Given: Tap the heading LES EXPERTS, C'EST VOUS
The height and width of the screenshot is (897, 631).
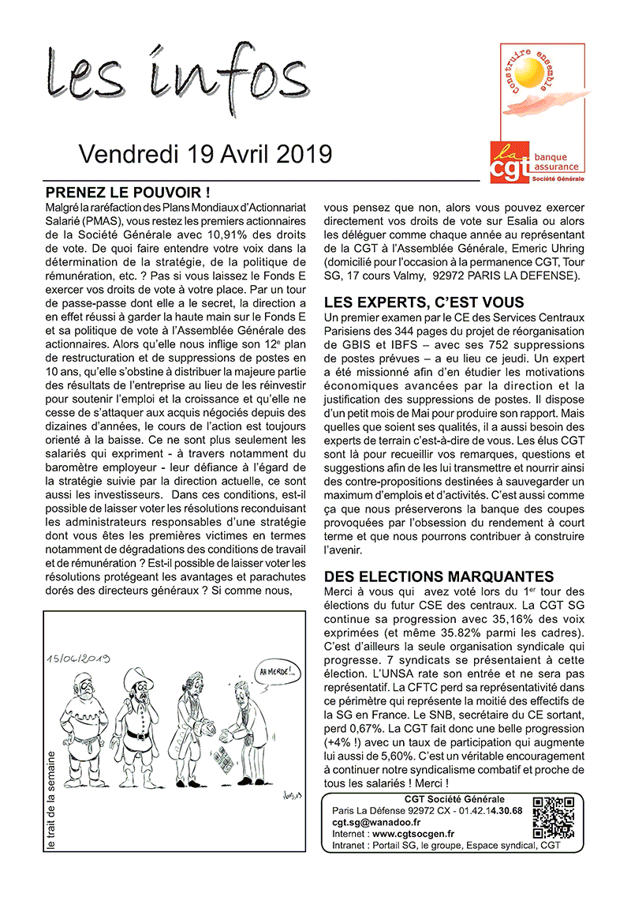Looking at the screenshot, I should (x=424, y=302).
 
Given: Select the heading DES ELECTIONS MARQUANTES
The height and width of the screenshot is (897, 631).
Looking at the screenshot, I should (x=439, y=577).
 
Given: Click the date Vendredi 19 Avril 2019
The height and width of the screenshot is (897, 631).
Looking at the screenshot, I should (x=205, y=154).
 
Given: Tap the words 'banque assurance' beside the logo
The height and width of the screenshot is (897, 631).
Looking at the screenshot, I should (x=556, y=162).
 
